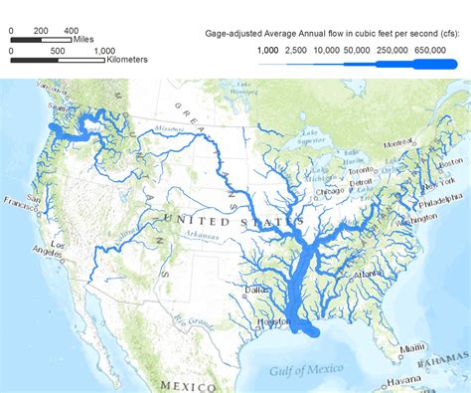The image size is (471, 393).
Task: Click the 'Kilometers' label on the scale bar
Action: [127, 60]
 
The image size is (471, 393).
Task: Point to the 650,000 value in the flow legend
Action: [429, 49]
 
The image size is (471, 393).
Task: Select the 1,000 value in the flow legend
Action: [267, 49]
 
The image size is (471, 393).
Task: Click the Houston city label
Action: [270, 322]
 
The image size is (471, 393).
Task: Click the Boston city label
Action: [450, 161]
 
